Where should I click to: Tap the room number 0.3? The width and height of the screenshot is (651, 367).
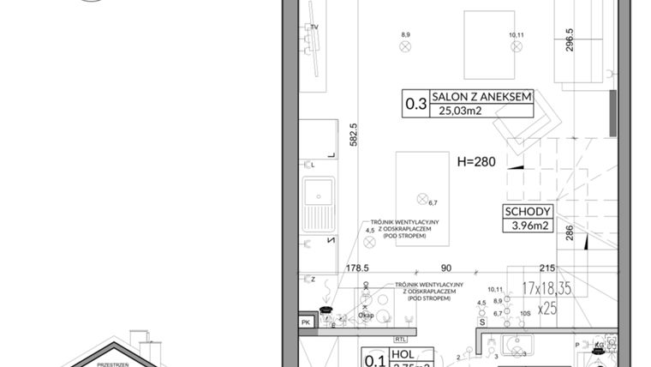[x=416, y=105]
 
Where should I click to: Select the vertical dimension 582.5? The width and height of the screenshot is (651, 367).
[x=353, y=135]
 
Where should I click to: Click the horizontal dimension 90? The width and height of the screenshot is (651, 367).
[x=445, y=268]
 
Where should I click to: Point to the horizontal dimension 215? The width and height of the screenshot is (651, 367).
[x=548, y=268]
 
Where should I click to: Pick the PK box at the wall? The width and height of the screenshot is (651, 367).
[x=306, y=322]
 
